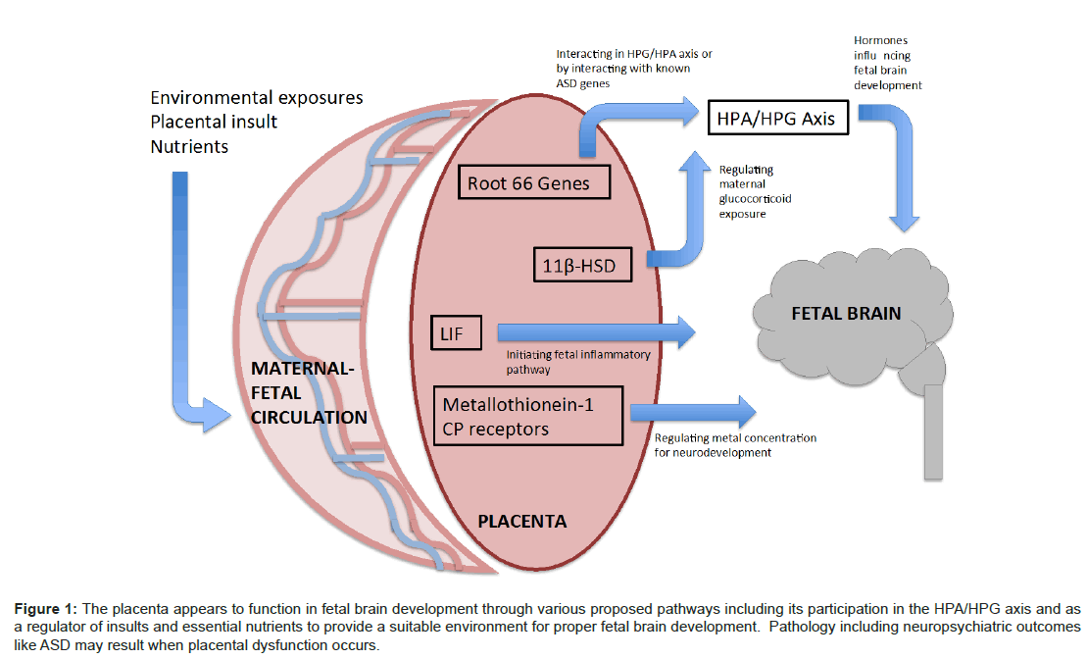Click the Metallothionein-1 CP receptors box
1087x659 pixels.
click(528, 416)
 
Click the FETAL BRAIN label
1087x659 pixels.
click(845, 314)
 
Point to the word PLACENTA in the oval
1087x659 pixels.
click(521, 521)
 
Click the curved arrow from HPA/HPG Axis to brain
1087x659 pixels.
click(897, 157)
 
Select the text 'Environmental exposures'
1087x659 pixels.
click(256, 98)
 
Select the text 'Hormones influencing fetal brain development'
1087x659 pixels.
click(888, 64)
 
